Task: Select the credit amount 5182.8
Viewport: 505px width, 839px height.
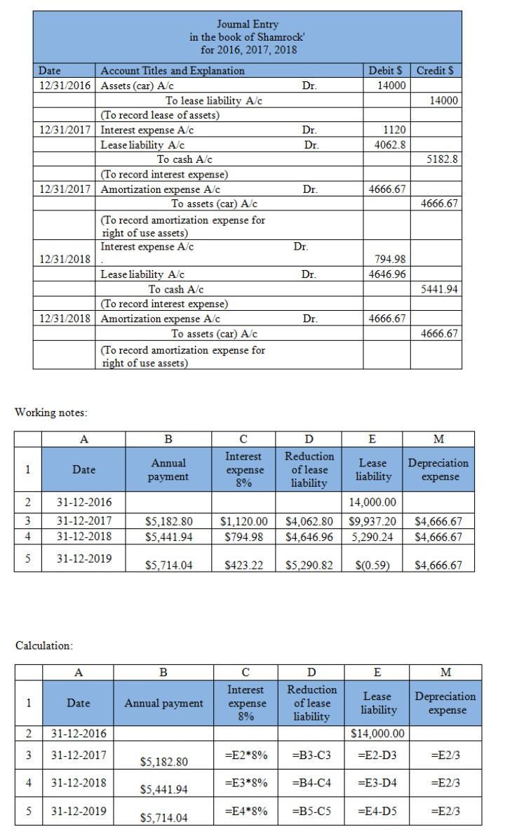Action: click(x=443, y=159)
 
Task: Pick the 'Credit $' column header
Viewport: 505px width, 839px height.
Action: click(x=435, y=70)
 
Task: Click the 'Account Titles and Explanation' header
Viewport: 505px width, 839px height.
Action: click(x=173, y=70)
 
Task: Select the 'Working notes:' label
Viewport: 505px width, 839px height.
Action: click(x=51, y=412)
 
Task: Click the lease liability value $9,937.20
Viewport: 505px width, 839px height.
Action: click(x=372, y=522)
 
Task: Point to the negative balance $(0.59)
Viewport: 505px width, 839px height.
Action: click(x=372, y=565)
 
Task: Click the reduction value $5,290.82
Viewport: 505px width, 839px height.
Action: click(x=309, y=565)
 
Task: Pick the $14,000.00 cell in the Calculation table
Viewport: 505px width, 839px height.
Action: click(x=377, y=734)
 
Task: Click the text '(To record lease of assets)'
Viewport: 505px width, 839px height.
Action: click(x=160, y=115)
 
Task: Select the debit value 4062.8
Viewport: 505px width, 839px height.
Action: click(x=392, y=145)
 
